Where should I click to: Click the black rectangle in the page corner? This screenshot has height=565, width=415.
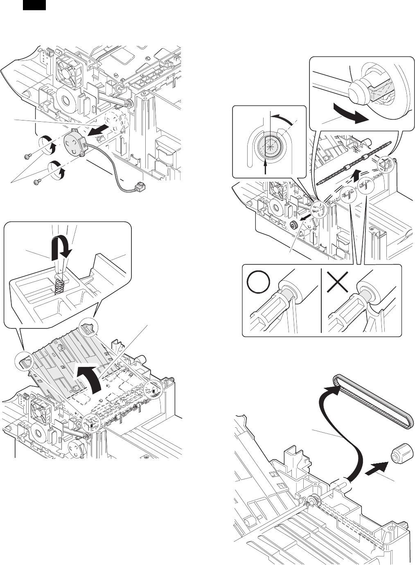(34, 5)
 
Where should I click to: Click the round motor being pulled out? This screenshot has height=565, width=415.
(74, 141)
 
